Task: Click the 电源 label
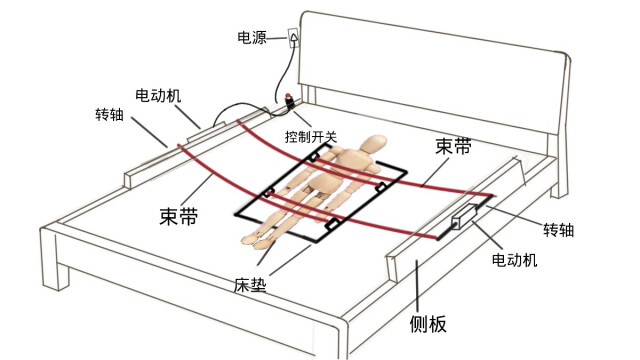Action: pos(252,38)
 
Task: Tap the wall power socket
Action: pos(293,38)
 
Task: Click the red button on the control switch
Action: pos(288,97)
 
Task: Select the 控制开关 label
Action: pos(311,137)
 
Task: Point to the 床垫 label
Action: pos(250,285)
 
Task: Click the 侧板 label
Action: pos(428,324)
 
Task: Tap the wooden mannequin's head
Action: pos(374,144)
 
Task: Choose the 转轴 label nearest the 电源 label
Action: pos(109,114)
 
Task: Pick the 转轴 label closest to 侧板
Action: pos(558,230)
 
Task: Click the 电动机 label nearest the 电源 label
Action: pos(158,96)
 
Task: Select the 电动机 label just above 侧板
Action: pos(514,260)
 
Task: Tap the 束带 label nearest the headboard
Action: pos(453,146)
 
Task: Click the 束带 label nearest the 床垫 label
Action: pos(178,216)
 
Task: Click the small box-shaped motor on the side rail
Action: pos(463,217)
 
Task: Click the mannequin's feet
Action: pos(256,240)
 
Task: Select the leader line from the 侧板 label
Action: pos(417,287)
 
